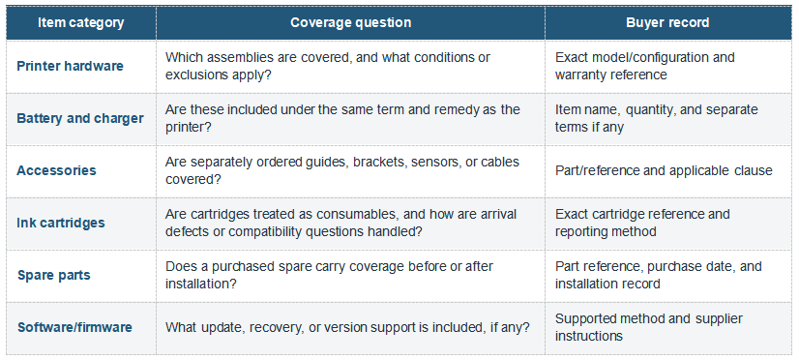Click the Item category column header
(x=81, y=23)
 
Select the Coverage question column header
(x=350, y=23)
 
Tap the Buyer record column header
(x=667, y=23)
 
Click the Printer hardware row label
(x=71, y=66)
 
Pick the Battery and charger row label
(x=80, y=118)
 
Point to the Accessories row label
(x=56, y=170)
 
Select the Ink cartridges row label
(x=61, y=223)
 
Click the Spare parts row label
(x=54, y=276)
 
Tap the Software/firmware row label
(x=74, y=327)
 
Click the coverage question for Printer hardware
(x=328, y=66)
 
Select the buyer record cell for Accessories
(x=664, y=170)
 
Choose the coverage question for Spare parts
(x=329, y=276)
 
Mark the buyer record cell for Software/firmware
(x=649, y=327)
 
